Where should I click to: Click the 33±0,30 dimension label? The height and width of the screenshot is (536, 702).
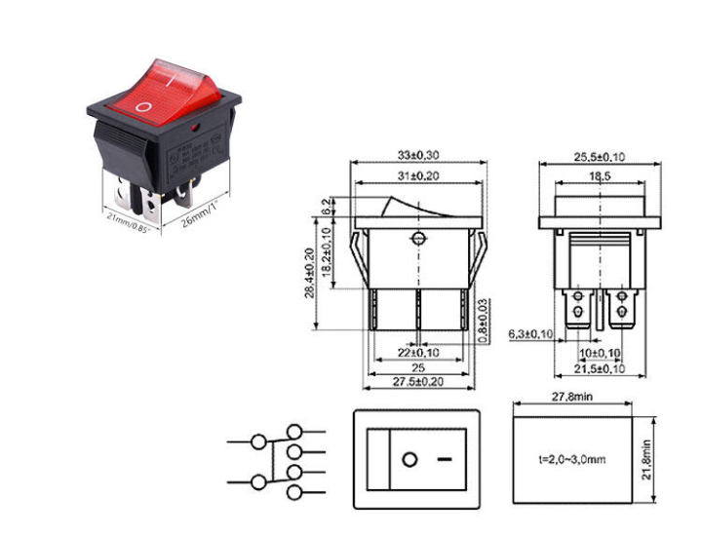[x=418, y=155]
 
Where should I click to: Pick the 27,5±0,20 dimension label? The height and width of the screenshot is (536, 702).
[x=418, y=383]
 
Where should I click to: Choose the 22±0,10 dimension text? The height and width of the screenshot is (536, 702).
[x=417, y=351]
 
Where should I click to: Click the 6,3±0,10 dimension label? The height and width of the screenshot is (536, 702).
[x=532, y=334]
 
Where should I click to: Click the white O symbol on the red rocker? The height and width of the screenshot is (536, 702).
[x=144, y=106]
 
